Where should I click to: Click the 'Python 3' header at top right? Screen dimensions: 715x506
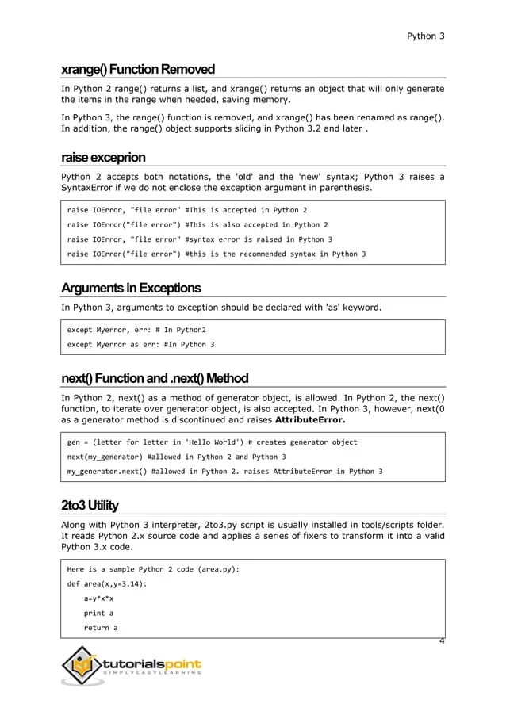[x=424, y=36]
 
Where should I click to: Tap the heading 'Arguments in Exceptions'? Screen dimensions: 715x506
[x=131, y=287]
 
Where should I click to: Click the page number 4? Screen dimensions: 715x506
[x=441, y=638]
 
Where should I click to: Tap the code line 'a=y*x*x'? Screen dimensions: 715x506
[x=101, y=598]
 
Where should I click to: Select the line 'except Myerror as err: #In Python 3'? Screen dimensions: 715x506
[x=140, y=345]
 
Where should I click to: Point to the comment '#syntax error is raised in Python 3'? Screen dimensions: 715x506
[x=259, y=239]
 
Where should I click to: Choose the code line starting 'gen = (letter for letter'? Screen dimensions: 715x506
[x=212, y=442]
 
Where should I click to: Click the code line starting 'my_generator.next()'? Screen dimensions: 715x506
[x=224, y=472]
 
